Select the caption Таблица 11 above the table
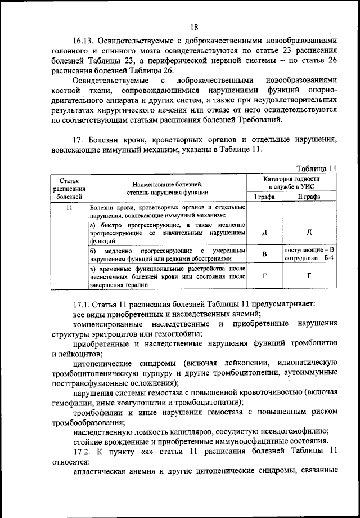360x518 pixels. point(316,167)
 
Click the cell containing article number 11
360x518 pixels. point(69,208)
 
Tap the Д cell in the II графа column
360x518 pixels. point(309,232)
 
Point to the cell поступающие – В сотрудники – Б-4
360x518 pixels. point(309,254)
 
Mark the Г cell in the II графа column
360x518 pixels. point(309,276)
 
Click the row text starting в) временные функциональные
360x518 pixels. point(167,276)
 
